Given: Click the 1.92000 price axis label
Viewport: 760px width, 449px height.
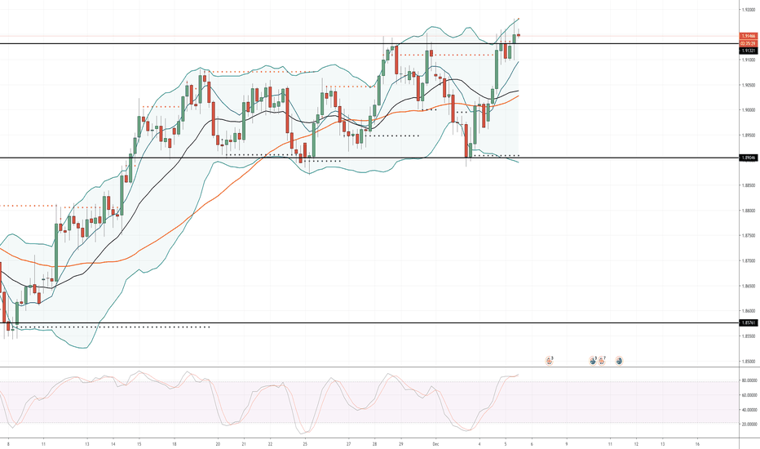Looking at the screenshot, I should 747,10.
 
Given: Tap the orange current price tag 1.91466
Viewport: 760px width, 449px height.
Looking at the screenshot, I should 747,37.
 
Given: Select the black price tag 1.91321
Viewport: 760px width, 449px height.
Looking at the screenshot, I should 747,51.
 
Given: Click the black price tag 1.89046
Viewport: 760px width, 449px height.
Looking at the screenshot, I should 747,158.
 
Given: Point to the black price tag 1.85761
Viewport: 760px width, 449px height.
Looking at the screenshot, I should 747,323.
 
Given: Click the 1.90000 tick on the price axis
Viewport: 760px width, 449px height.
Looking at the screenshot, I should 747,110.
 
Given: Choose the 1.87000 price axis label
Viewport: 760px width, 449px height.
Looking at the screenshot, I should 747,261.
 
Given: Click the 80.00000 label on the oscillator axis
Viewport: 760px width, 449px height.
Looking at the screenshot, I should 747,380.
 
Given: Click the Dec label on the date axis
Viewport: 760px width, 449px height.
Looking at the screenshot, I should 436,444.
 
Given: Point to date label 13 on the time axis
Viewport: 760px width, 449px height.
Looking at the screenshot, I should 86,444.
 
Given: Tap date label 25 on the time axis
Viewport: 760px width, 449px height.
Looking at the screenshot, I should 304,444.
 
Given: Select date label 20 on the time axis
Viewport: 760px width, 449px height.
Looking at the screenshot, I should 218,444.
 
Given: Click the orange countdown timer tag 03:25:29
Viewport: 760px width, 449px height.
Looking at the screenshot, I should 747,43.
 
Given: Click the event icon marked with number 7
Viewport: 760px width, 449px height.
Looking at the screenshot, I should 602,360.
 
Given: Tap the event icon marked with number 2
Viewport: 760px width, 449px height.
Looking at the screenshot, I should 550,360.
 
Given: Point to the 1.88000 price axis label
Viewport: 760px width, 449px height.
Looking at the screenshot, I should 747,211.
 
